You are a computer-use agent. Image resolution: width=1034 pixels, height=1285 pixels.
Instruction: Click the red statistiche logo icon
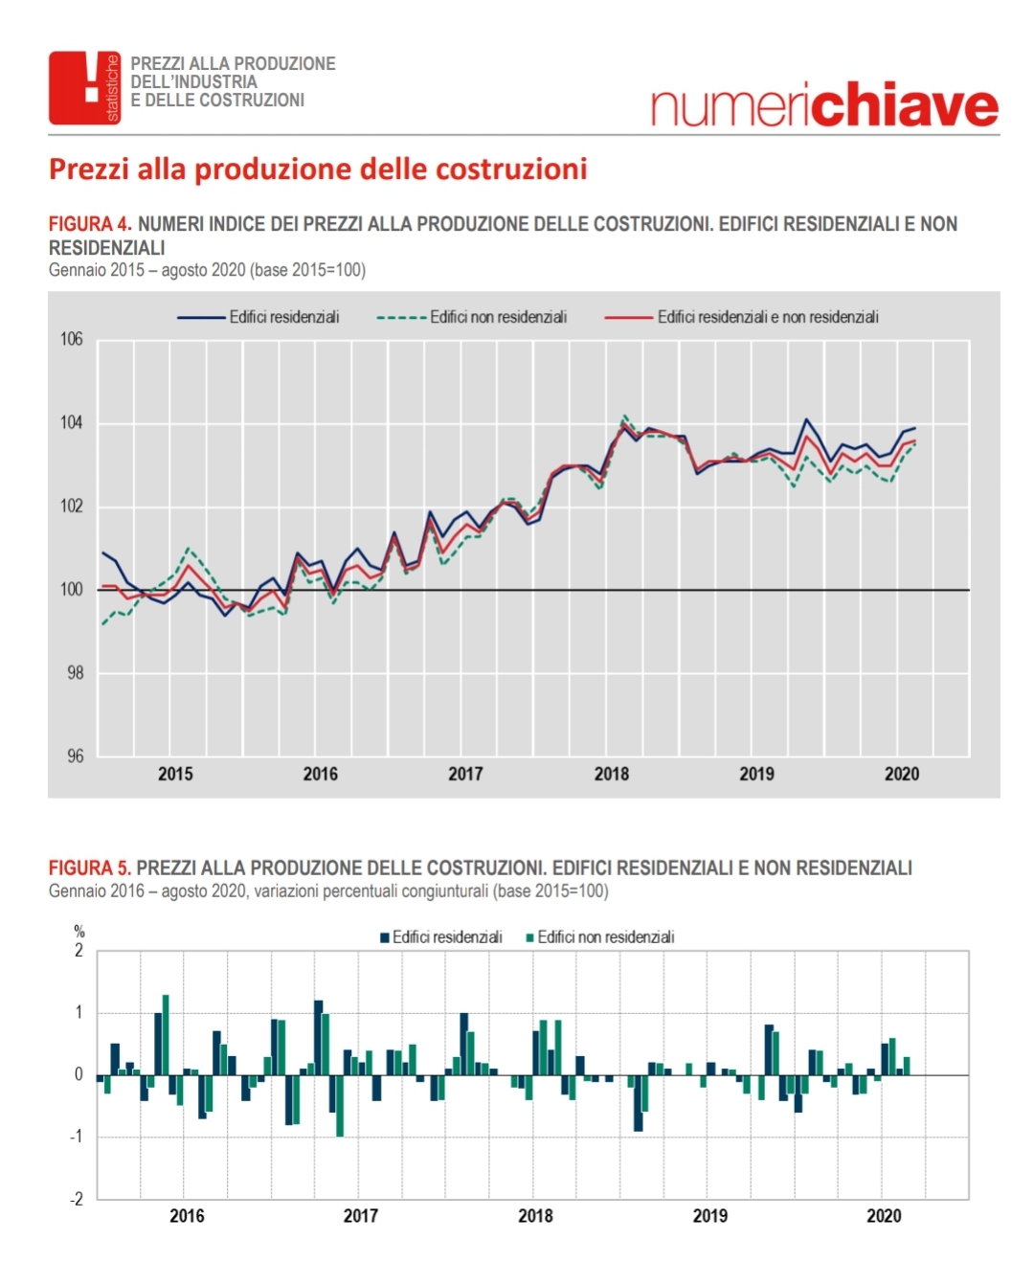[84, 88]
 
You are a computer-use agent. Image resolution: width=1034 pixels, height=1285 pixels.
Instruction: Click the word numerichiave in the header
[824, 105]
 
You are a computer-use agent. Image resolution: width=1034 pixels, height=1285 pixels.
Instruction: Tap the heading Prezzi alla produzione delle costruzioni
[318, 169]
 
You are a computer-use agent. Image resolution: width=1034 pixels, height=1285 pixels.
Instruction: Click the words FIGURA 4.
[90, 224]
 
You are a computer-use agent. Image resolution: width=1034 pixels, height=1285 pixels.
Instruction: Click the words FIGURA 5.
[90, 868]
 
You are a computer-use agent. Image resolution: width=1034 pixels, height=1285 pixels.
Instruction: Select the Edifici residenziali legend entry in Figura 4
[258, 317]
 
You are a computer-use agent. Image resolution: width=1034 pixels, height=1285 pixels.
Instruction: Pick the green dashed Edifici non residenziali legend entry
[472, 317]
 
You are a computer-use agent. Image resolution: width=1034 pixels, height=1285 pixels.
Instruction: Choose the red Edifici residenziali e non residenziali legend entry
[741, 317]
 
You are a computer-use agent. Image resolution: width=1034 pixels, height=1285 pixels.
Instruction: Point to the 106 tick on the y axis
[71, 339]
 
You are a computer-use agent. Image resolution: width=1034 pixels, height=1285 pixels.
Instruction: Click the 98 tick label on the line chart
[76, 673]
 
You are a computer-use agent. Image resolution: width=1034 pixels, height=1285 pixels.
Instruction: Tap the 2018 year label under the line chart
[612, 774]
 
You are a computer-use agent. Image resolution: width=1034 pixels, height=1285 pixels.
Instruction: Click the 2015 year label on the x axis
[175, 774]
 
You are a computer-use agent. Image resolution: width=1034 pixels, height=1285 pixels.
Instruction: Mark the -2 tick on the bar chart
[77, 1199]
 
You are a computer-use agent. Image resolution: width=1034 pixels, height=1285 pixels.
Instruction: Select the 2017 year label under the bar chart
[361, 1216]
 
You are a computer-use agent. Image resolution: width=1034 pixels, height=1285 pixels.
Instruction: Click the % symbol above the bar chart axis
[79, 932]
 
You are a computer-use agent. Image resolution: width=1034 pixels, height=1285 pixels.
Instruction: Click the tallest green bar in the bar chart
[166, 1034]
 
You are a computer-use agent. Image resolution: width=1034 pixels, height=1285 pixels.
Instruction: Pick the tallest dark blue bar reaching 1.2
[318, 1038]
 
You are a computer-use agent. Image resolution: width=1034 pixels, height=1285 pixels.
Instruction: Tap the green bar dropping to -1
[340, 1105]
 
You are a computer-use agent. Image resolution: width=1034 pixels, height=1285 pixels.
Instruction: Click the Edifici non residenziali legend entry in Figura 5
[600, 937]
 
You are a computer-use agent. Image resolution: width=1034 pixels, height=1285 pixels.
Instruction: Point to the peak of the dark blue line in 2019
[806, 418]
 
